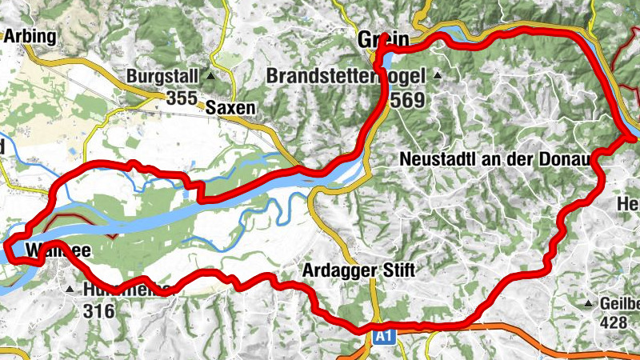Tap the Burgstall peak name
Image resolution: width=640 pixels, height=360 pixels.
164,77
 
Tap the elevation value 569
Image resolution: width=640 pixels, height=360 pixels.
409,101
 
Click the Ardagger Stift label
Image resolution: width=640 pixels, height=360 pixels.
359,270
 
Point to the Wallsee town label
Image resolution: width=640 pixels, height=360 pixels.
54,251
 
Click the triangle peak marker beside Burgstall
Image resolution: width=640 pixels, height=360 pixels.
211,77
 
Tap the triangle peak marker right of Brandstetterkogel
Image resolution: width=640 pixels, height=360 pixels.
438,77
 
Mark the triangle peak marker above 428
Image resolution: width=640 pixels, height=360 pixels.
590,304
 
